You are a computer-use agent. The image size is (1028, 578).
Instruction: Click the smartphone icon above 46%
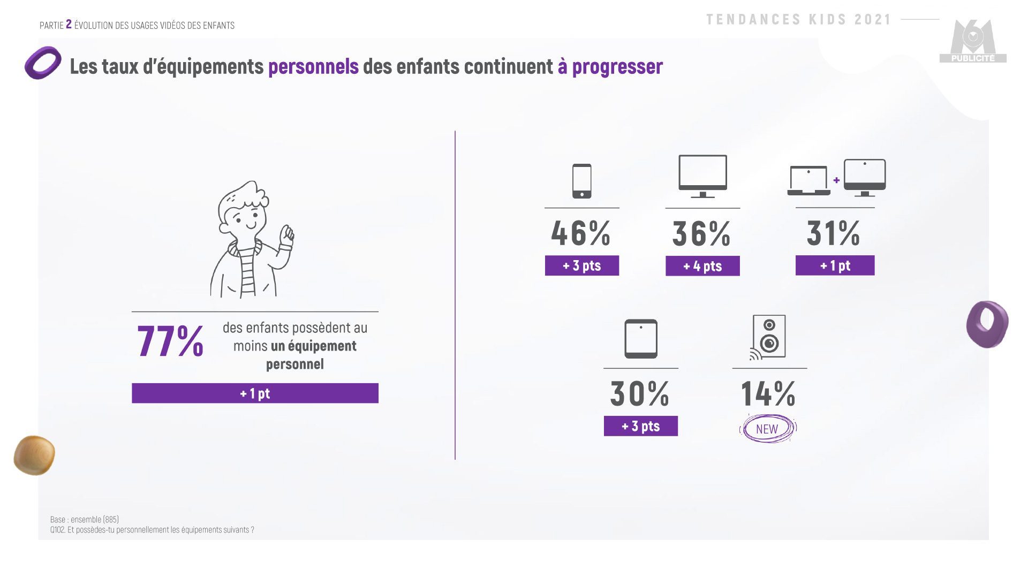coord(581,181)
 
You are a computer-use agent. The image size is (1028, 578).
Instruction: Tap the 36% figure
coord(701,234)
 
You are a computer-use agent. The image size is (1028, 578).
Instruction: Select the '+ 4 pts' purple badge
coord(702,266)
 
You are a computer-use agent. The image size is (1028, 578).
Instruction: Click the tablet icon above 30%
coord(640,339)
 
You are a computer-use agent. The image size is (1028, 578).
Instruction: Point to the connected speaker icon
coord(768,337)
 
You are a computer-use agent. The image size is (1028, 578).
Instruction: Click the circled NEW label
coord(767,429)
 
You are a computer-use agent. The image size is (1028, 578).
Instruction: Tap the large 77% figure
coord(170,341)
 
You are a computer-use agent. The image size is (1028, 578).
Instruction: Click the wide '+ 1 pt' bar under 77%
coord(255,393)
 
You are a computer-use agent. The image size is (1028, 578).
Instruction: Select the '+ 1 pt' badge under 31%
coord(835,265)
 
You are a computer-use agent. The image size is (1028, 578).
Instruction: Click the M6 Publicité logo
coord(973,42)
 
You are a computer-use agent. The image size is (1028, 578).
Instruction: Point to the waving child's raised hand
coord(288,235)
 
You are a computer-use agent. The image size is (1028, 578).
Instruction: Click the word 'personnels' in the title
coord(313,66)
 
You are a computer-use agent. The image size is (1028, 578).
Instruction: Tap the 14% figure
coord(768,394)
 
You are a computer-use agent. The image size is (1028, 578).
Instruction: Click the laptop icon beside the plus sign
coord(808,180)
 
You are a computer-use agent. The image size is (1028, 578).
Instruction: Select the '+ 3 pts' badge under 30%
coord(640,427)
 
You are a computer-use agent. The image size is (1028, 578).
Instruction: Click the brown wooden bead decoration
coord(34,455)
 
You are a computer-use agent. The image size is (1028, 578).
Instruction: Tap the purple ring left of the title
coord(43,63)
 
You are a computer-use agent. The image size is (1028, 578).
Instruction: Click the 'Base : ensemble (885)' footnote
coord(85,520)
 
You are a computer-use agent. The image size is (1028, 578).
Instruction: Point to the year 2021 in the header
coord(873,20)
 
